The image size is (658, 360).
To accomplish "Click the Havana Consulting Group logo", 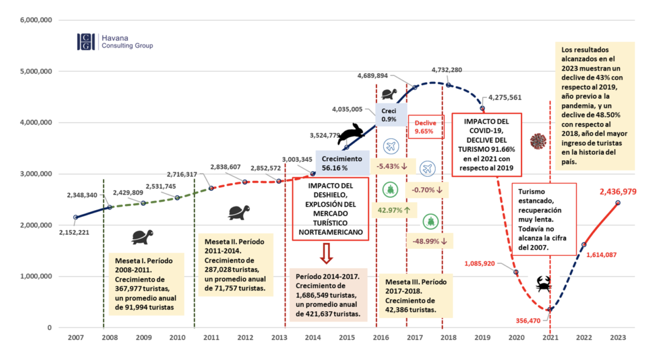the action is click(115, 42).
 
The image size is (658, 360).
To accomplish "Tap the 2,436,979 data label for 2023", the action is click(618, 192).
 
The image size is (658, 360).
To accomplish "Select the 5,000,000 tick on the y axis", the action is click(36, 71).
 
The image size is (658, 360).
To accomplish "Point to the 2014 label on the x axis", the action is click(313, 337).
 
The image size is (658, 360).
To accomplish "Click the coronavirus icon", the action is click(538, 141).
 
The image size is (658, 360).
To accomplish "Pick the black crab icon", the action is click(543, 284).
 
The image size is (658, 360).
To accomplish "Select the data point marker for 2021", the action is click(550, 309).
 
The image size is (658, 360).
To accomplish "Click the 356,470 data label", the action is click(528, 321).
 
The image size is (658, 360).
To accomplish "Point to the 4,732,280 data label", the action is click(447, 70).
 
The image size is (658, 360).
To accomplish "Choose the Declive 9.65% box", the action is click(425, 127).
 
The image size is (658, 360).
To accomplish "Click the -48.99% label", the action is click(430, 241).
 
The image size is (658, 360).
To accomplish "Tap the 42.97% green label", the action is click(394, 210).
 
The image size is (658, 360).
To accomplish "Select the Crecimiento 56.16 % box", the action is click(342, 163).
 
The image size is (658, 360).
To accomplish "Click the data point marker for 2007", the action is click(76, 217).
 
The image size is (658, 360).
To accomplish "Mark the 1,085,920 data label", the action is click(479, 264).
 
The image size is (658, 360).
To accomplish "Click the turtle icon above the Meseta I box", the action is click(142, 237).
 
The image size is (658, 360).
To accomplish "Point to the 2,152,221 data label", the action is click(74, 233).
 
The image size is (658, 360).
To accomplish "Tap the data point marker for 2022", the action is click(584, 245).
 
